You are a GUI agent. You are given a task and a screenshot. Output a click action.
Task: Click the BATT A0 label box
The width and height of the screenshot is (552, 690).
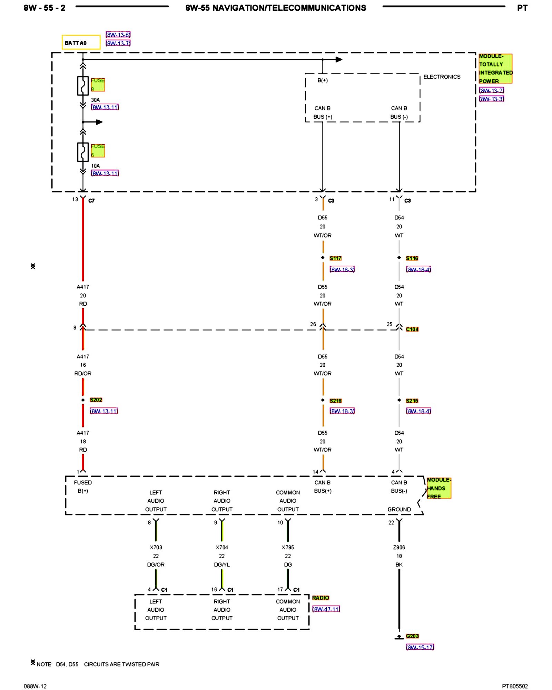[x=81, y=42]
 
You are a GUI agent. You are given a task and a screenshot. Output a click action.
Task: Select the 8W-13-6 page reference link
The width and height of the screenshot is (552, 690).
[x=118, y=34]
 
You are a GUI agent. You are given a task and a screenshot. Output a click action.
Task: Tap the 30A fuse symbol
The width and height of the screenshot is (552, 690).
[x=83, y=86]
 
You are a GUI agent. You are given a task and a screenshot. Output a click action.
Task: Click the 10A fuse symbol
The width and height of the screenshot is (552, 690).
[x=83, y=152]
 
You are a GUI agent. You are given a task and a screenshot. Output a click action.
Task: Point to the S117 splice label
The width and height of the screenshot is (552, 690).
[x=335, y=258]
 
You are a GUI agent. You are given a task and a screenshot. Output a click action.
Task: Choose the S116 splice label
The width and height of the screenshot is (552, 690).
[x=412, y=258]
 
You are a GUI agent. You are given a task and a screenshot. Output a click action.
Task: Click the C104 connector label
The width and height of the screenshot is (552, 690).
[x=412, y=329]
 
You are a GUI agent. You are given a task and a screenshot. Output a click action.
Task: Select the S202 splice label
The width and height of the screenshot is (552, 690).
[x=96, y=400]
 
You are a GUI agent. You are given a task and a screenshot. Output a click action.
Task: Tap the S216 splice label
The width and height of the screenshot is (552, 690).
[x=335, y=401]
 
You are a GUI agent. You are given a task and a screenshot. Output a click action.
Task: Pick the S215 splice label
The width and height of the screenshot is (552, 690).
[x=412, y=401]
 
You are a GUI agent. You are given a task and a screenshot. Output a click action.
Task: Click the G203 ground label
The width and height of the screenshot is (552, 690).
[x=412, y=636]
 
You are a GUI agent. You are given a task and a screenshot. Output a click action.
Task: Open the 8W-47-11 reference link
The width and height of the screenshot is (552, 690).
[x=326, y=609]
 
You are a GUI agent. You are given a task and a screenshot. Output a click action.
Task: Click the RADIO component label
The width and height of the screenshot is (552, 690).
[x=321, y=598]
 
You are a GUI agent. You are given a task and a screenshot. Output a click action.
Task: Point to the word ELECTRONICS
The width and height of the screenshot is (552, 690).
[x=442, y=77]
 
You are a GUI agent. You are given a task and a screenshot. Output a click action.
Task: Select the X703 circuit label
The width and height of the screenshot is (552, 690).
[x=156, y=547]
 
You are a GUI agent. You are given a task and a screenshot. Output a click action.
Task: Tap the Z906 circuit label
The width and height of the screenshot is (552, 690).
[x=399, y=547]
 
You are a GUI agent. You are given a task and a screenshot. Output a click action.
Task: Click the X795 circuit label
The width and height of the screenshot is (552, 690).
[x=288, y=547]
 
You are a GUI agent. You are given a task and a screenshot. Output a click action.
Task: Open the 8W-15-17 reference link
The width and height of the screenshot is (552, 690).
[x=420, y=647]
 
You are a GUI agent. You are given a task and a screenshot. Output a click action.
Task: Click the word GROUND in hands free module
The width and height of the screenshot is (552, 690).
[x=399, y=509]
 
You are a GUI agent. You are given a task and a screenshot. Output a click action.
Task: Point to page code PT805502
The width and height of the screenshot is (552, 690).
[x=515, y=686]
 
